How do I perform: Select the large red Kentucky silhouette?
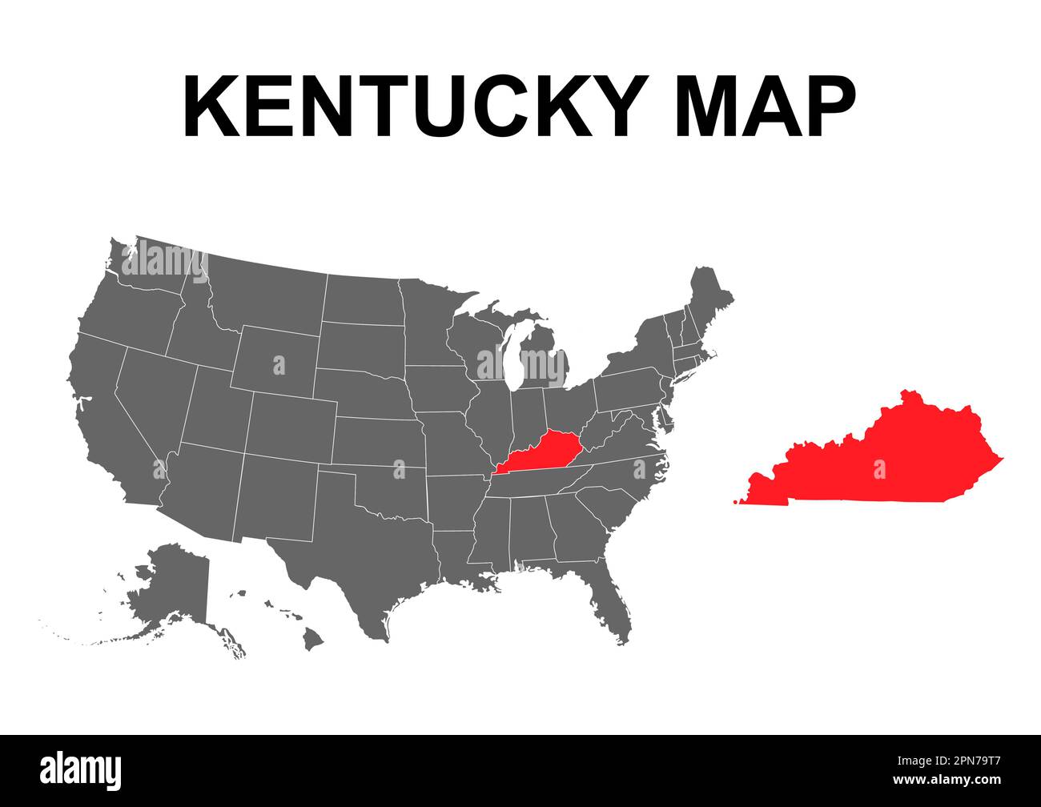(881, 460)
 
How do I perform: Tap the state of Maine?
(709, 296)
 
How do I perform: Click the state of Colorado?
(292, 424)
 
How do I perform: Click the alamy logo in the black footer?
(81, 769)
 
